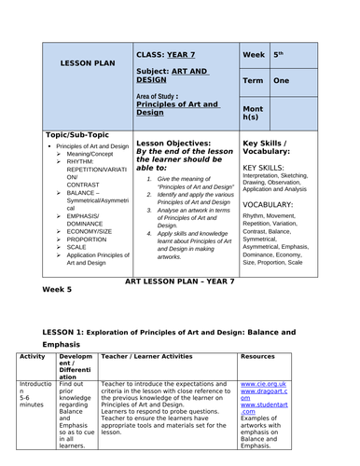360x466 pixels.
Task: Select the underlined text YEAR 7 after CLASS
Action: [183, 55]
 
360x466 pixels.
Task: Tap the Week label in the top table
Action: [253, 55]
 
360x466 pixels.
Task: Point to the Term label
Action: [253, 81]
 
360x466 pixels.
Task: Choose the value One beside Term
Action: [282, 81]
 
